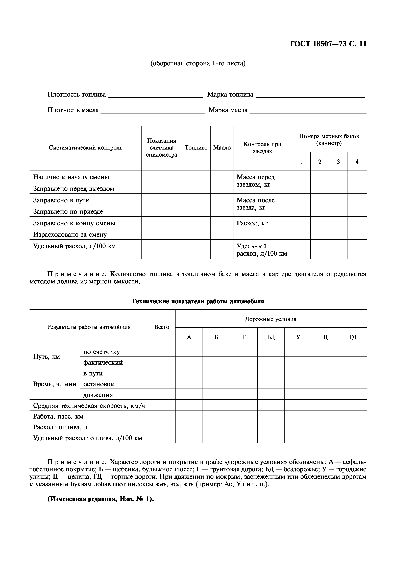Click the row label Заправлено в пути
pos(61,200)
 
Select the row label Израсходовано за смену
pos(70,235)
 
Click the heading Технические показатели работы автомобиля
pos(198,301)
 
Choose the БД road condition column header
pos(271,337)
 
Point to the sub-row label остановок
pos(99,384)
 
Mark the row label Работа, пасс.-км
pos(58,416)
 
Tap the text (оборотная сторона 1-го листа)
pos(198,63)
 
